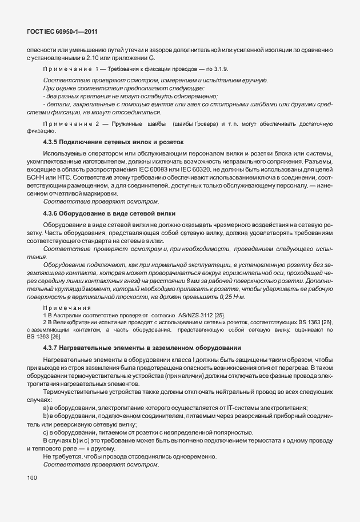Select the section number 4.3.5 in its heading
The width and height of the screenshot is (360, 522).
(x=51, y=141)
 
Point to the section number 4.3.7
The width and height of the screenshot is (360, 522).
(x=51, y=348)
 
